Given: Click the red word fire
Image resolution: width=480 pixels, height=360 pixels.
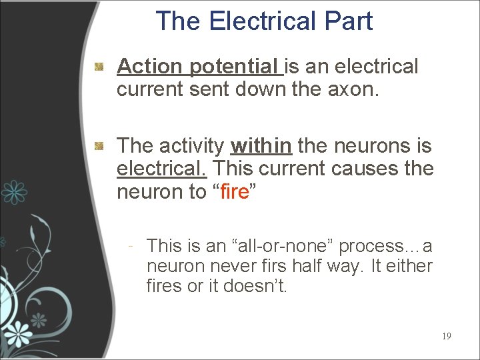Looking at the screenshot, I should [x=233, y=192].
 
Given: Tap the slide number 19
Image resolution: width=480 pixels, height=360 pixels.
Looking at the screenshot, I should [x=446, y=336].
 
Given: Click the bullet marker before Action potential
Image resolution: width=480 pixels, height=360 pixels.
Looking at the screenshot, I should [x=99, y=67].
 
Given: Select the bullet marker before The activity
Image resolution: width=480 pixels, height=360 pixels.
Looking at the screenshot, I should [x=99, y=145].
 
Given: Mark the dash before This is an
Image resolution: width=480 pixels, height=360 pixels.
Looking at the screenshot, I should [x=133, y=246].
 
